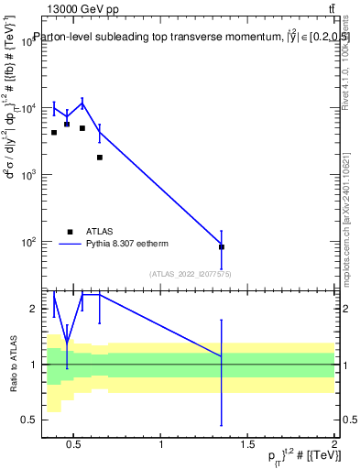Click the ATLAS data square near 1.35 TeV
(x=222, y=246)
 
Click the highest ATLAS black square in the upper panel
(x=67, y=124)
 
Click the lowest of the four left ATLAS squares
(x=100, y=158)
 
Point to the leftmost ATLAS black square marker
(x=54, y=133)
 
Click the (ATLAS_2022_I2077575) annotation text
(x=191, y=273)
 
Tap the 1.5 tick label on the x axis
(x=247, y=445)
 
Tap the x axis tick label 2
(x=333, y=445)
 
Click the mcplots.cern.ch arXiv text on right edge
(x=352, y=206)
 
